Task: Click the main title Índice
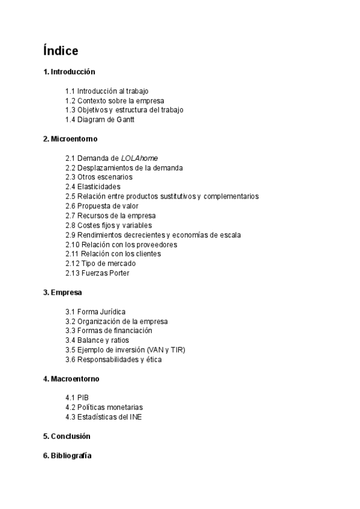tap(61, 50)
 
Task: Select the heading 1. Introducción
tap(69, 71)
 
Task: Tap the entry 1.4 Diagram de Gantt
tap(100, 119)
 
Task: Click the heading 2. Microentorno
tap(70, 139)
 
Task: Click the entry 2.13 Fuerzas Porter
tap(97, 273)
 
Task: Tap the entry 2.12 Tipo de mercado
tap(100, 264)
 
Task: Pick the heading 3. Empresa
tap(62, 292)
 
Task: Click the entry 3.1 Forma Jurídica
tap(95, 312)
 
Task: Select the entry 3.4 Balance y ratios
tap(97, 340)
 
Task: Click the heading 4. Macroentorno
tap(71, 379)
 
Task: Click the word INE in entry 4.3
tap(136, 417)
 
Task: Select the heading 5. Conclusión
tap(67, 436)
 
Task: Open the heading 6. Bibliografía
tap(67, 456)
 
